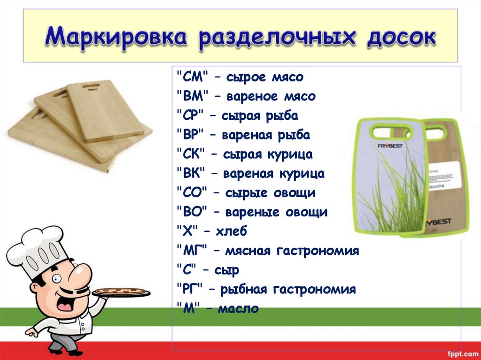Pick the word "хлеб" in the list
(x=231, y=231)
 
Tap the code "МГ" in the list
(x=192, y=251)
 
